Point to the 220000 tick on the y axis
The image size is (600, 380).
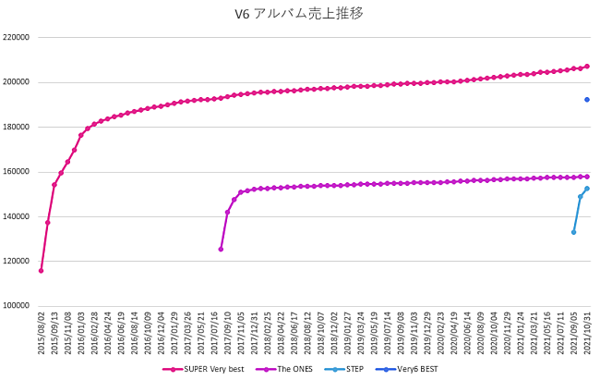coord(18,38)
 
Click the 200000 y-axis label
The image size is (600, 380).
coord(18,82)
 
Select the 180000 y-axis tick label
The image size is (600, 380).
coord(18,128)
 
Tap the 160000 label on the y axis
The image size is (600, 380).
coord(18,172)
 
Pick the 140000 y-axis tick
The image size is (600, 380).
coord(18,216)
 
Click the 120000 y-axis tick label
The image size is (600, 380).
coord(18,262)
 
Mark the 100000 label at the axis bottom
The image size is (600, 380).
coord(18,306)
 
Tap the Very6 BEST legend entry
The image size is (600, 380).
coord(413,368)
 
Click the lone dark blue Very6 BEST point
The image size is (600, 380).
coord(587,100)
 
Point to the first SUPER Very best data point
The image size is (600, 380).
coord(41,271)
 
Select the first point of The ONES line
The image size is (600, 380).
coord(221,249)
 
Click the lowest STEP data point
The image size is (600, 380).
coord(573,232)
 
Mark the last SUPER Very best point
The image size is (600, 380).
coord(587,67)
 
